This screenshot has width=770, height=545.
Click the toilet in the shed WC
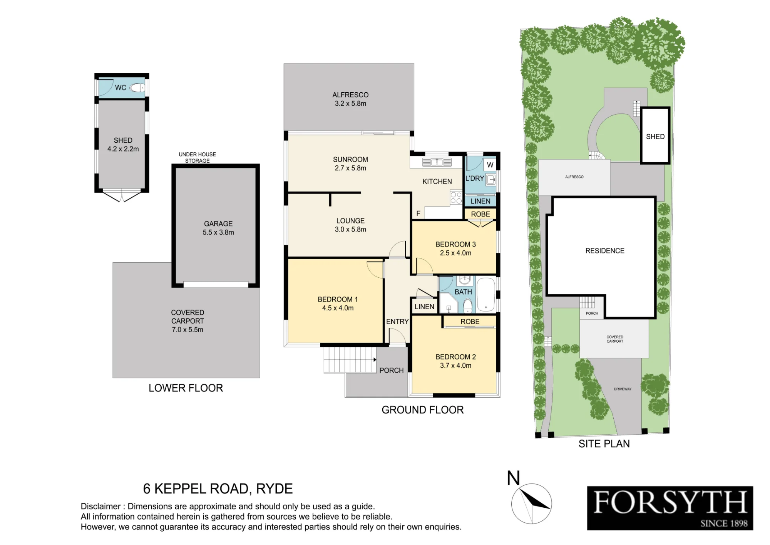137,88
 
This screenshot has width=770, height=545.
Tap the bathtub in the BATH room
486,295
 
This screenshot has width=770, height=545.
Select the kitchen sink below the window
437,162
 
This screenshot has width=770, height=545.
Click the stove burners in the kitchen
456,198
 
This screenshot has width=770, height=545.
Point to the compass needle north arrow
535,499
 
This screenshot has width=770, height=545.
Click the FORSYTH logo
670,508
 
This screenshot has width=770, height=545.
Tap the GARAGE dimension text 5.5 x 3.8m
218,232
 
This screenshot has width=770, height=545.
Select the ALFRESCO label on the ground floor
350,95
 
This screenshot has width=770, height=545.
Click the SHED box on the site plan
655,136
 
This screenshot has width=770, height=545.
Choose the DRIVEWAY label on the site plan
623,389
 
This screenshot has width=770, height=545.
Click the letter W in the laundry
490,165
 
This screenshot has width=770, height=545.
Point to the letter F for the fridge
418,213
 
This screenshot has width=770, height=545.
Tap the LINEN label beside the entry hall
424,307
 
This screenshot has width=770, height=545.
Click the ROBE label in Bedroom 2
470,322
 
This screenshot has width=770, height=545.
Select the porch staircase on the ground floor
350,360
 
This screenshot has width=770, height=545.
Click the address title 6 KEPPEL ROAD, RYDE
218,489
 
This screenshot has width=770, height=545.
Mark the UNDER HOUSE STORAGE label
197,157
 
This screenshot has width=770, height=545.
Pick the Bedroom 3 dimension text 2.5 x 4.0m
455,253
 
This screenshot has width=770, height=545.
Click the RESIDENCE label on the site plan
605,251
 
